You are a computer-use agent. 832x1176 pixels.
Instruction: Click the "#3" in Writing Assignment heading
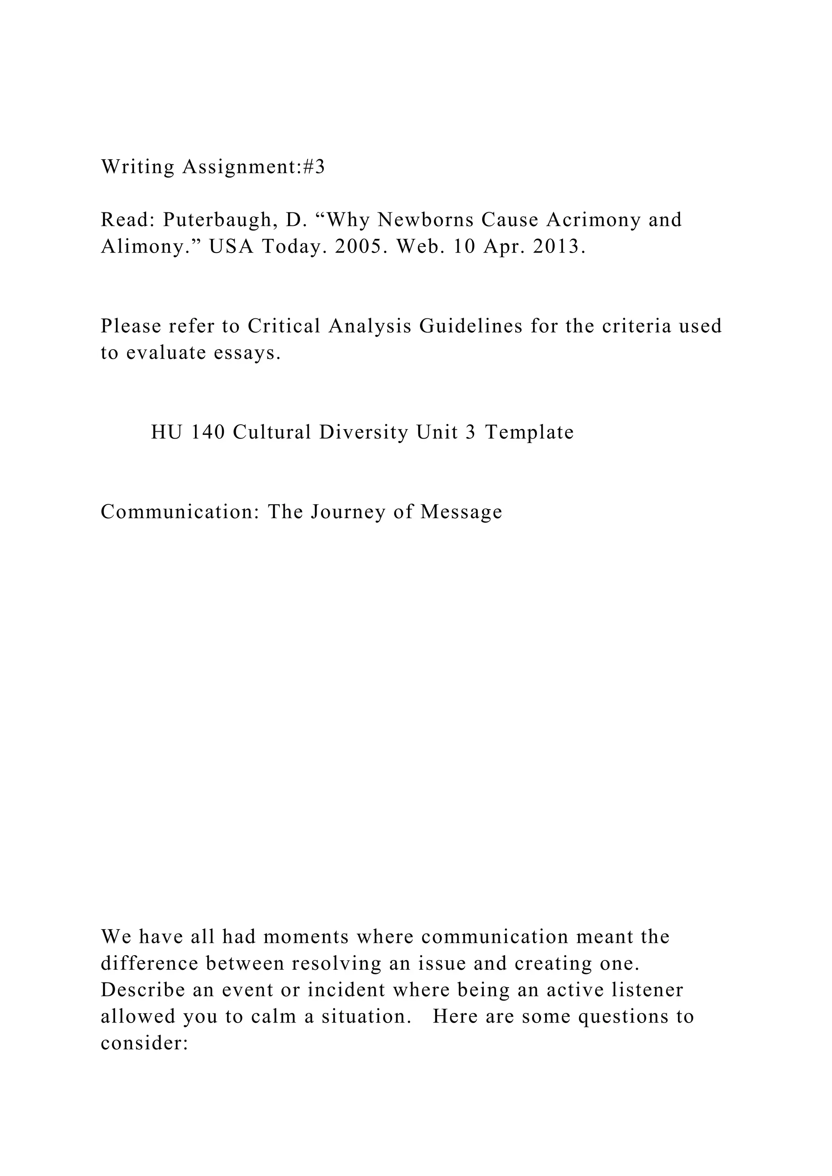[313, 167]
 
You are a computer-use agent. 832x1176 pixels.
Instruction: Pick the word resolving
[336, 964]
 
